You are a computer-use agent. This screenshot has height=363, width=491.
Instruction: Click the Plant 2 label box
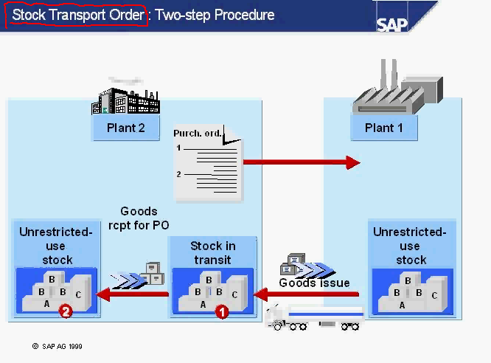tap(126, 128)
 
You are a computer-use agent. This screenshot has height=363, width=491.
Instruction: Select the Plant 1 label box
tap(384, 128)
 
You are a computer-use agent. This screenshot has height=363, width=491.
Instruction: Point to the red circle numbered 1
tap(222, 312)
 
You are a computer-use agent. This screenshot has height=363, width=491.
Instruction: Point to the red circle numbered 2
tap(66, 312)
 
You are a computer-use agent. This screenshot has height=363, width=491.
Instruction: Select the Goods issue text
tap(314, 283)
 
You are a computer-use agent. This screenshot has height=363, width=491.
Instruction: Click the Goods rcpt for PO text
tap(139, 218)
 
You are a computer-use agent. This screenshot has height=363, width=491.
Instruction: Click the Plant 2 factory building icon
tap(125, 100)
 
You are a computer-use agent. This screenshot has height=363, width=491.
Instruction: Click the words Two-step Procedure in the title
tap(215, 15)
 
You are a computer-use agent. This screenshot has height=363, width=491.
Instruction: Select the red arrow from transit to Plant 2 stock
tap(136, 295)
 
